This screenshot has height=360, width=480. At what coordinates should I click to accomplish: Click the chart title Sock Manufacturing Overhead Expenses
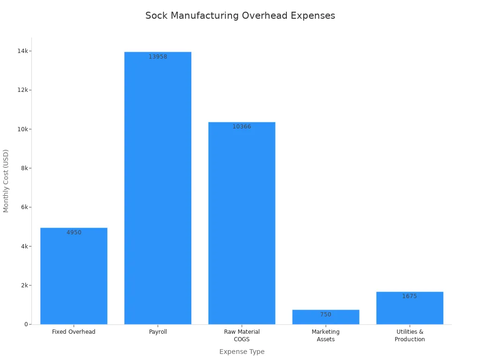[240, 15]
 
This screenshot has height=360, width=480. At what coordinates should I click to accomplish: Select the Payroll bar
[157, 187]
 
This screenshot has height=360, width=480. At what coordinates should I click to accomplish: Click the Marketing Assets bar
[325, 317]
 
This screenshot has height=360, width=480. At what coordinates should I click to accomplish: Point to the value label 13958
[157, 57]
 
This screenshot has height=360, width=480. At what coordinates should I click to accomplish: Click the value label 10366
[241, 127]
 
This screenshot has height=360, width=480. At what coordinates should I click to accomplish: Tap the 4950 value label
[74, 232]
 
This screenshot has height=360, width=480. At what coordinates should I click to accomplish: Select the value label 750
[325, 315]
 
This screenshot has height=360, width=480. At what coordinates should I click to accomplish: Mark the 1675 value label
[409, 296]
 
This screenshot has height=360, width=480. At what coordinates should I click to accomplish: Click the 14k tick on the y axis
[22, 51]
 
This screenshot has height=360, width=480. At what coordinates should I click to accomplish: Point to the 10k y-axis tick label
[22, 129]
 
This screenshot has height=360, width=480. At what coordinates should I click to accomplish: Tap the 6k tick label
[23, 207]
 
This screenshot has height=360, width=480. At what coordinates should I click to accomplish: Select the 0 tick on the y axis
[26, 324]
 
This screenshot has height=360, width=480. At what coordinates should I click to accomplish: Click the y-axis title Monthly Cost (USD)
[6, 180]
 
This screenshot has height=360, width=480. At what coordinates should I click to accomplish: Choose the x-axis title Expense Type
[241, 352]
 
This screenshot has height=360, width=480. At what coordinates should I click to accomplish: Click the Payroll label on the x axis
[157, 332]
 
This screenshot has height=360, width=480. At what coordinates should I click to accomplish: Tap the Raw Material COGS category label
[241, 336]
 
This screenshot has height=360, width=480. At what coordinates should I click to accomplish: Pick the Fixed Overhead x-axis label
[74, 332]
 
